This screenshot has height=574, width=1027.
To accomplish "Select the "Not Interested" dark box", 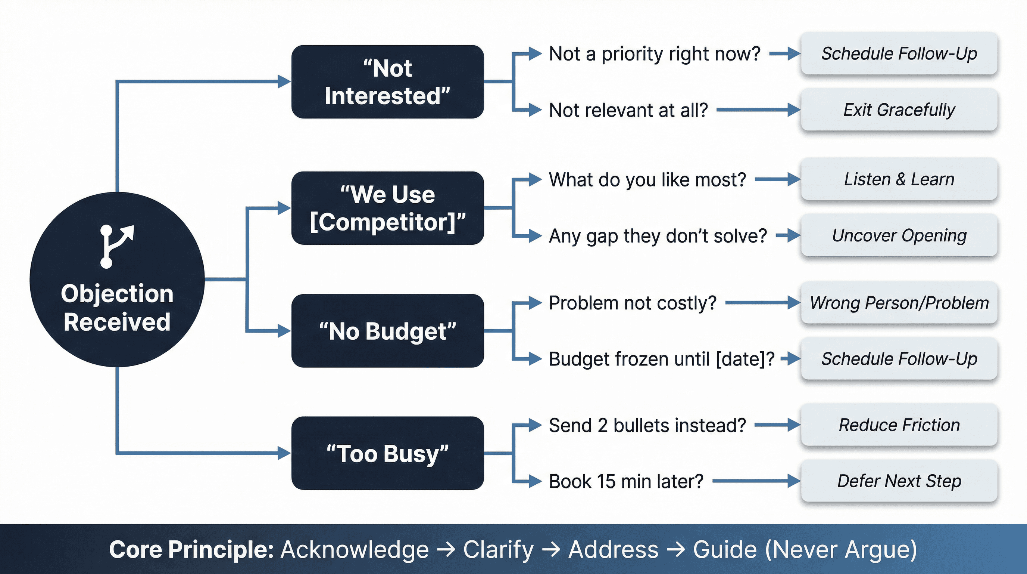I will tap(387, 82).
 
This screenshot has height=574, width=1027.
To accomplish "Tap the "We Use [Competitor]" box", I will tap(387, 208).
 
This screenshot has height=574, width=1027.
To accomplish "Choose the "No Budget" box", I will tap(387, 331).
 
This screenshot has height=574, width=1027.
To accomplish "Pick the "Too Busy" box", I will tap(387, 453).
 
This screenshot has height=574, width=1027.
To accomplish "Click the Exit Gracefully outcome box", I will tap(899, 110).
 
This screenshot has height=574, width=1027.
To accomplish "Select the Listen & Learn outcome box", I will tap(899, 179).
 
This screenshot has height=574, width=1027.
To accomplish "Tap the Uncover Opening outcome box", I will tap(899, 235).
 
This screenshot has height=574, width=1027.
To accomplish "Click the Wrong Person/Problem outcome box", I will tap(899, 303).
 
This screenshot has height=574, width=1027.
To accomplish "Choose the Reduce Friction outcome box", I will tap(899, 425).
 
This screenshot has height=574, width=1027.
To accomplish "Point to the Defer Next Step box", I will tap(899, 481).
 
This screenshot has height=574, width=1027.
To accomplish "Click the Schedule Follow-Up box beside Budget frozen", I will tap(899, 358).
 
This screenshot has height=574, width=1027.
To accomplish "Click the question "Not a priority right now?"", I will tap(655, 54).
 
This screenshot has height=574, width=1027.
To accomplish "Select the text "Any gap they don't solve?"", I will tap(658, 236).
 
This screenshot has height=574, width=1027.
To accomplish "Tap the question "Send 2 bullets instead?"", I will tap(647, 425).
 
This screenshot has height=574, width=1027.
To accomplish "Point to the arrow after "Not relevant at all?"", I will tap(758, 110).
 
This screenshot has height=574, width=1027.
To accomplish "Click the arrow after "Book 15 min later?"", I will tap(755, 481).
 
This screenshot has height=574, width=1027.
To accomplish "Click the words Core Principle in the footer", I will tap(191, 550).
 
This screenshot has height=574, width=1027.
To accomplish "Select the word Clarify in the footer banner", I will tap(498, 550).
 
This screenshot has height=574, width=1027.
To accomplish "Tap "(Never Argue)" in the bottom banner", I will tap(841, 550).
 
